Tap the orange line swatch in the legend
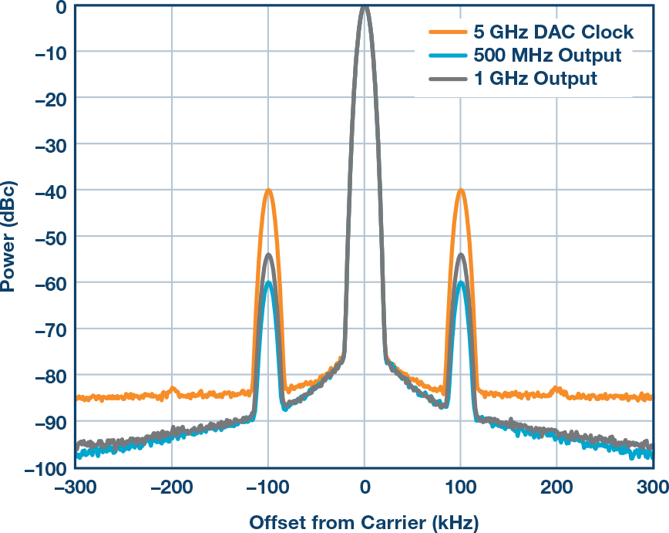[446, 32]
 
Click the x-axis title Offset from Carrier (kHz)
[364, 523]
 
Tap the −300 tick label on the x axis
[76, 487]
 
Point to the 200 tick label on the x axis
[556, 487]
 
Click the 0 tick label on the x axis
[365, 487]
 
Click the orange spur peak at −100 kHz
[268, 190]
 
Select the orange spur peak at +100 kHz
[461, 190]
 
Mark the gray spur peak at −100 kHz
[268, 255]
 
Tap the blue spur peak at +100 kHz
[461, 283]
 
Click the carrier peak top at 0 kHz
[365, 6]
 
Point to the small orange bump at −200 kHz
[172, 389]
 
